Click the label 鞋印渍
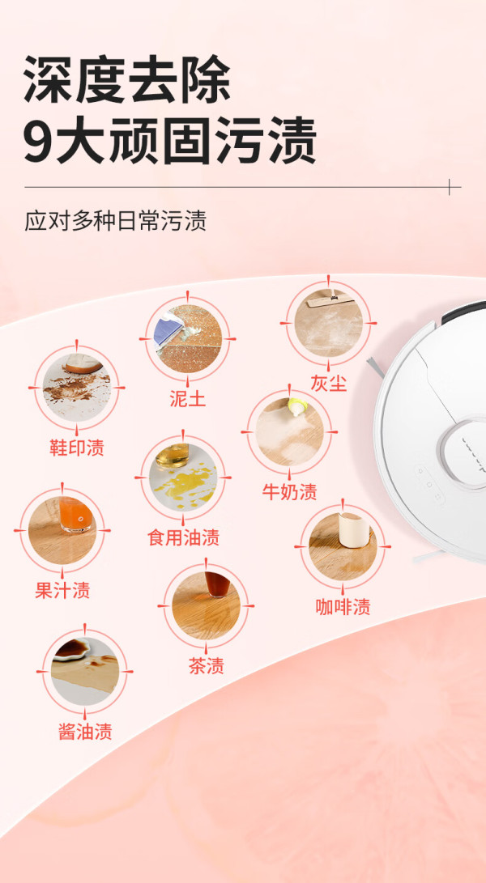[x=77, y=448]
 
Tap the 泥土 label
[x=188, y=399]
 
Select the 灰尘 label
[x=329, y=384]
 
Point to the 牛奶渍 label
[x=289, y=491]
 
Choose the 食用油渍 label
[x=183, y=537]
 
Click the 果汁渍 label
[x=62, y=590]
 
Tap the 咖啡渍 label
[x=343, y=606]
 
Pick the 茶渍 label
[x=206, y=665]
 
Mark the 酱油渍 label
[x=85, y=731]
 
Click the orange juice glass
[x=75, y=514]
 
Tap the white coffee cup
[x=353, y=529]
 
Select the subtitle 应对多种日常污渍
[x=116, y=221]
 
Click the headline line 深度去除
[x=127, y=79]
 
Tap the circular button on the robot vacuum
[x=467, y=452]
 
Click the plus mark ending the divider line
[x=450, y=187]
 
